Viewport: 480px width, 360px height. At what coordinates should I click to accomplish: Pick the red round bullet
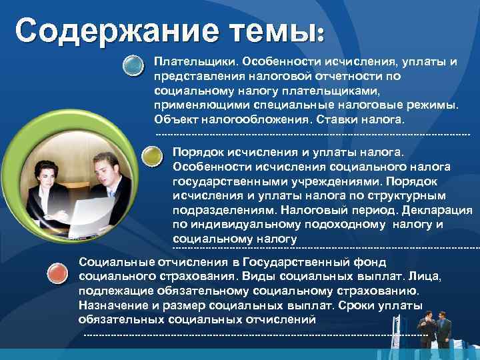click(x=59, y=271)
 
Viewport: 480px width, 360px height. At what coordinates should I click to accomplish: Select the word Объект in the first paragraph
click(x=172, y=119)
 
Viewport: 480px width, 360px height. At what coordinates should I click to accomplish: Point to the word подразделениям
click(x=217, y=209)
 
